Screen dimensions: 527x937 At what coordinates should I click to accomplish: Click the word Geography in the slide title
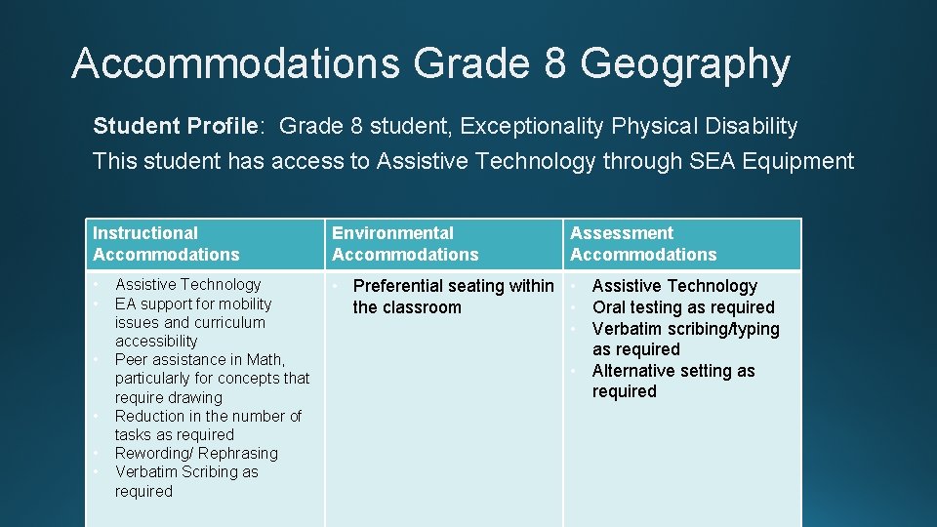click(x=684, y=64)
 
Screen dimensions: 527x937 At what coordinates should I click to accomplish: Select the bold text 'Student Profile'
click(x=176, y=126)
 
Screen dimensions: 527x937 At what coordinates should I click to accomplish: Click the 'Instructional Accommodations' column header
click(x=166, y=244)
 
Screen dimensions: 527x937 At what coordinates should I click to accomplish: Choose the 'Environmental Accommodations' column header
click(x=405, y=244)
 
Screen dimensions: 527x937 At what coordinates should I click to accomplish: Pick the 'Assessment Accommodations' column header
click(x=643, y=244)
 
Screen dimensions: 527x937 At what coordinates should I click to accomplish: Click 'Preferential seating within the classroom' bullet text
click(x=452, y=297)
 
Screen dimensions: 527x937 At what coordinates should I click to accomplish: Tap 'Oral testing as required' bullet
click(x=683, y=307)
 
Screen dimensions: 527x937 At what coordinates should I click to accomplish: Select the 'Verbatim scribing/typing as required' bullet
click(x=685, y=339)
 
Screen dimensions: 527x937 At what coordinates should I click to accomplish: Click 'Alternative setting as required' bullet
click(x=673, y=381)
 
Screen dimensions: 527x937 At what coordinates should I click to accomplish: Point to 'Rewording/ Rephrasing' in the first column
click(x=196, y=453)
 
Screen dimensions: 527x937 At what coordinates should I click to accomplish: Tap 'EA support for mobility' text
click(x=193, y=304)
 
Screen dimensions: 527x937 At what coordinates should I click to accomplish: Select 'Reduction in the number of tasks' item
click(x=208, y=425)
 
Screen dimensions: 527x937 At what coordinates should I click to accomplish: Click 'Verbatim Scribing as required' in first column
click(x=186, y=481)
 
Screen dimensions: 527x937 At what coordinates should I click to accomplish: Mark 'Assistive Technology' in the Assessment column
click(x=674, y=286)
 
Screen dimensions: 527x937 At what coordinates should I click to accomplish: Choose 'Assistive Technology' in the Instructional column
click(x=188, y=284)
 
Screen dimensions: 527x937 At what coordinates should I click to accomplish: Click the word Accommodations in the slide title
click(x=235, y=64)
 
